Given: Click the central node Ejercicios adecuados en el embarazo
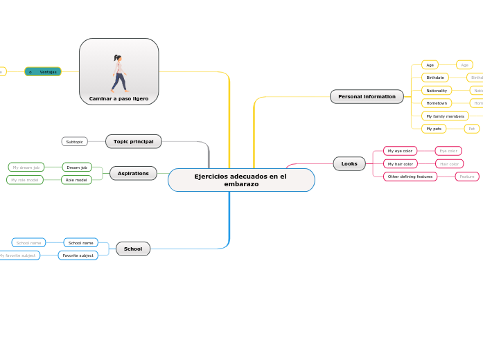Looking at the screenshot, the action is click(x=241, y=180).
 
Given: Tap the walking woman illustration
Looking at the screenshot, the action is click(x=119, y=73).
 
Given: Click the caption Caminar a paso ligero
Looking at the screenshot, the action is click(x=118, y=99).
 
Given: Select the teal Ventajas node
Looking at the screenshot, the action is click(x=43, y=71).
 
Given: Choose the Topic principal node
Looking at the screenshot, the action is click(x=133, y=141).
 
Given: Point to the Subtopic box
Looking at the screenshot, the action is click(x=74, y=141).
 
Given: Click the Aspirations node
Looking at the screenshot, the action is click(x=133, y=173).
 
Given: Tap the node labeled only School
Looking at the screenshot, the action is click(x=133, y=249).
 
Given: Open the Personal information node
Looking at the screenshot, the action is click(x=367, y=96).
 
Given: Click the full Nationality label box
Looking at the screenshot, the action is click(x=437, y=91).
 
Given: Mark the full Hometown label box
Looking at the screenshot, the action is click(x=437, y=103).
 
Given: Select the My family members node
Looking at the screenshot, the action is click(x=445, y=116).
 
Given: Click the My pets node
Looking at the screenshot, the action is click(x=434, y=129).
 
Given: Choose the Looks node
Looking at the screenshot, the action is click(x=349, y=163).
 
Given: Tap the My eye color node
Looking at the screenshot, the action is click(x=400, y=151).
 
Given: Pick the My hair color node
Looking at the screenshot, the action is click(x=400, y=164).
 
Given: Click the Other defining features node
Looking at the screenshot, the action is click(x=410, y=177).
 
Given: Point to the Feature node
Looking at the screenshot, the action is click(x=467, y=177).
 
